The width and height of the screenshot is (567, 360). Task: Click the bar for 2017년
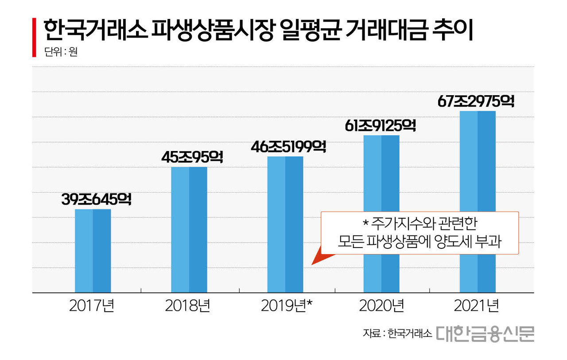93,251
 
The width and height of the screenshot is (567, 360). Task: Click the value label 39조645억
97,200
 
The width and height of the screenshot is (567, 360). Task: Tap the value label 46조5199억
288,146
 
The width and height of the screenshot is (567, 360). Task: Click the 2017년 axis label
92,306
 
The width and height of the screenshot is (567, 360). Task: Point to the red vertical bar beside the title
34,38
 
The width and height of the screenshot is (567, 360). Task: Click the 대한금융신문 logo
485,334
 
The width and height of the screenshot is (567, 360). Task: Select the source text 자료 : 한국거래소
397,335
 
